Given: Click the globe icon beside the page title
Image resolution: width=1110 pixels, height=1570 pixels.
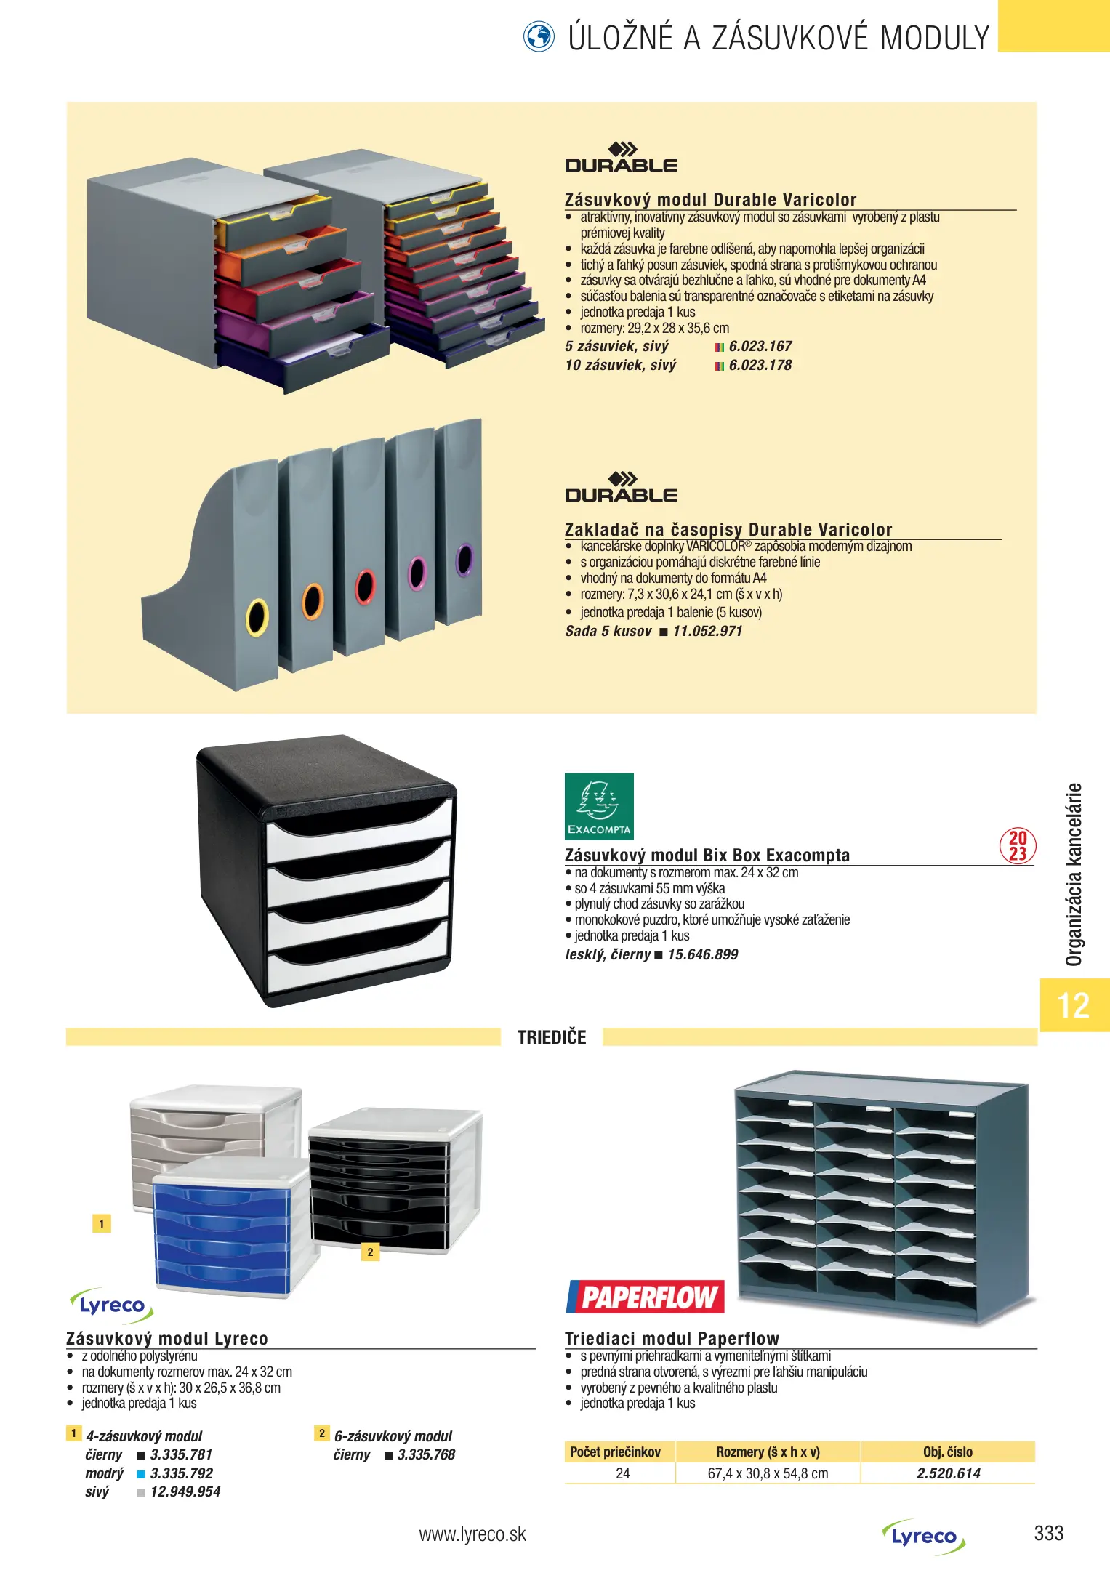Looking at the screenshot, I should [x=539, y=36].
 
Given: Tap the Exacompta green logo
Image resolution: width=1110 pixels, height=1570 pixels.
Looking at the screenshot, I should [x=599, y=806].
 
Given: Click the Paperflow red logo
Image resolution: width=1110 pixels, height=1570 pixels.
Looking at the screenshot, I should [x=646, y=1297].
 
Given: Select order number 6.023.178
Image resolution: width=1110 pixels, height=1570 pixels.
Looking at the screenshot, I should [x=760, y=365].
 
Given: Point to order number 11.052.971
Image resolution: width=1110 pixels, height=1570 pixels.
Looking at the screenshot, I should [x=707, y=631].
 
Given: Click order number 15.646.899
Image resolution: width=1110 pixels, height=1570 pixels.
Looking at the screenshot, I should [x=702, y=954].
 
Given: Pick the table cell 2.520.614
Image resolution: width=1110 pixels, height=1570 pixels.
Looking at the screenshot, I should [x=948, y=1473].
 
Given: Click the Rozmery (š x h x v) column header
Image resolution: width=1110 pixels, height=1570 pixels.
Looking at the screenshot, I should [x=768, y=1452].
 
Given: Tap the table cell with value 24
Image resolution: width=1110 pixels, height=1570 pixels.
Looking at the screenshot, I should [x=622, y=1473].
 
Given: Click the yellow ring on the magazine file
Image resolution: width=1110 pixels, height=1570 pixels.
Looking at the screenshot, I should [x=257, y=616].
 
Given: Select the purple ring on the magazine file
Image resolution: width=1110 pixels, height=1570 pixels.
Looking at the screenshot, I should [x=463, y=560].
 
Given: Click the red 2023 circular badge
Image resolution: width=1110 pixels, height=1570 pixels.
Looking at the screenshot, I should [x=1018, y=846].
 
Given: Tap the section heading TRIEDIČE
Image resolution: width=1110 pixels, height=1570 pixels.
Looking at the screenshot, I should [x=552, y=1037].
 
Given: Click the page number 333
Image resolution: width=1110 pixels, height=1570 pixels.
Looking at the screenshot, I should [x=1048, y=1534].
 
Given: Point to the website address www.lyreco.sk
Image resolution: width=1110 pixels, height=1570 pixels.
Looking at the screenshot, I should [x=472, y=1534].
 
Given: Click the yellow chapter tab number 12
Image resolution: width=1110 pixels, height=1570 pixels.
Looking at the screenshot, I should [x=1074, y=1005].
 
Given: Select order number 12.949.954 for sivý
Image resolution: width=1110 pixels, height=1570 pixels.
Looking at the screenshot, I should [x=185, y=1491].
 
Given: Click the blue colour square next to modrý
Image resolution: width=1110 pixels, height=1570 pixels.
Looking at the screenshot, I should [x=141, y=1474].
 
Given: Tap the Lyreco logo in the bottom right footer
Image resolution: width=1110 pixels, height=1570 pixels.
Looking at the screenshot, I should [x=924, y=1537].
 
